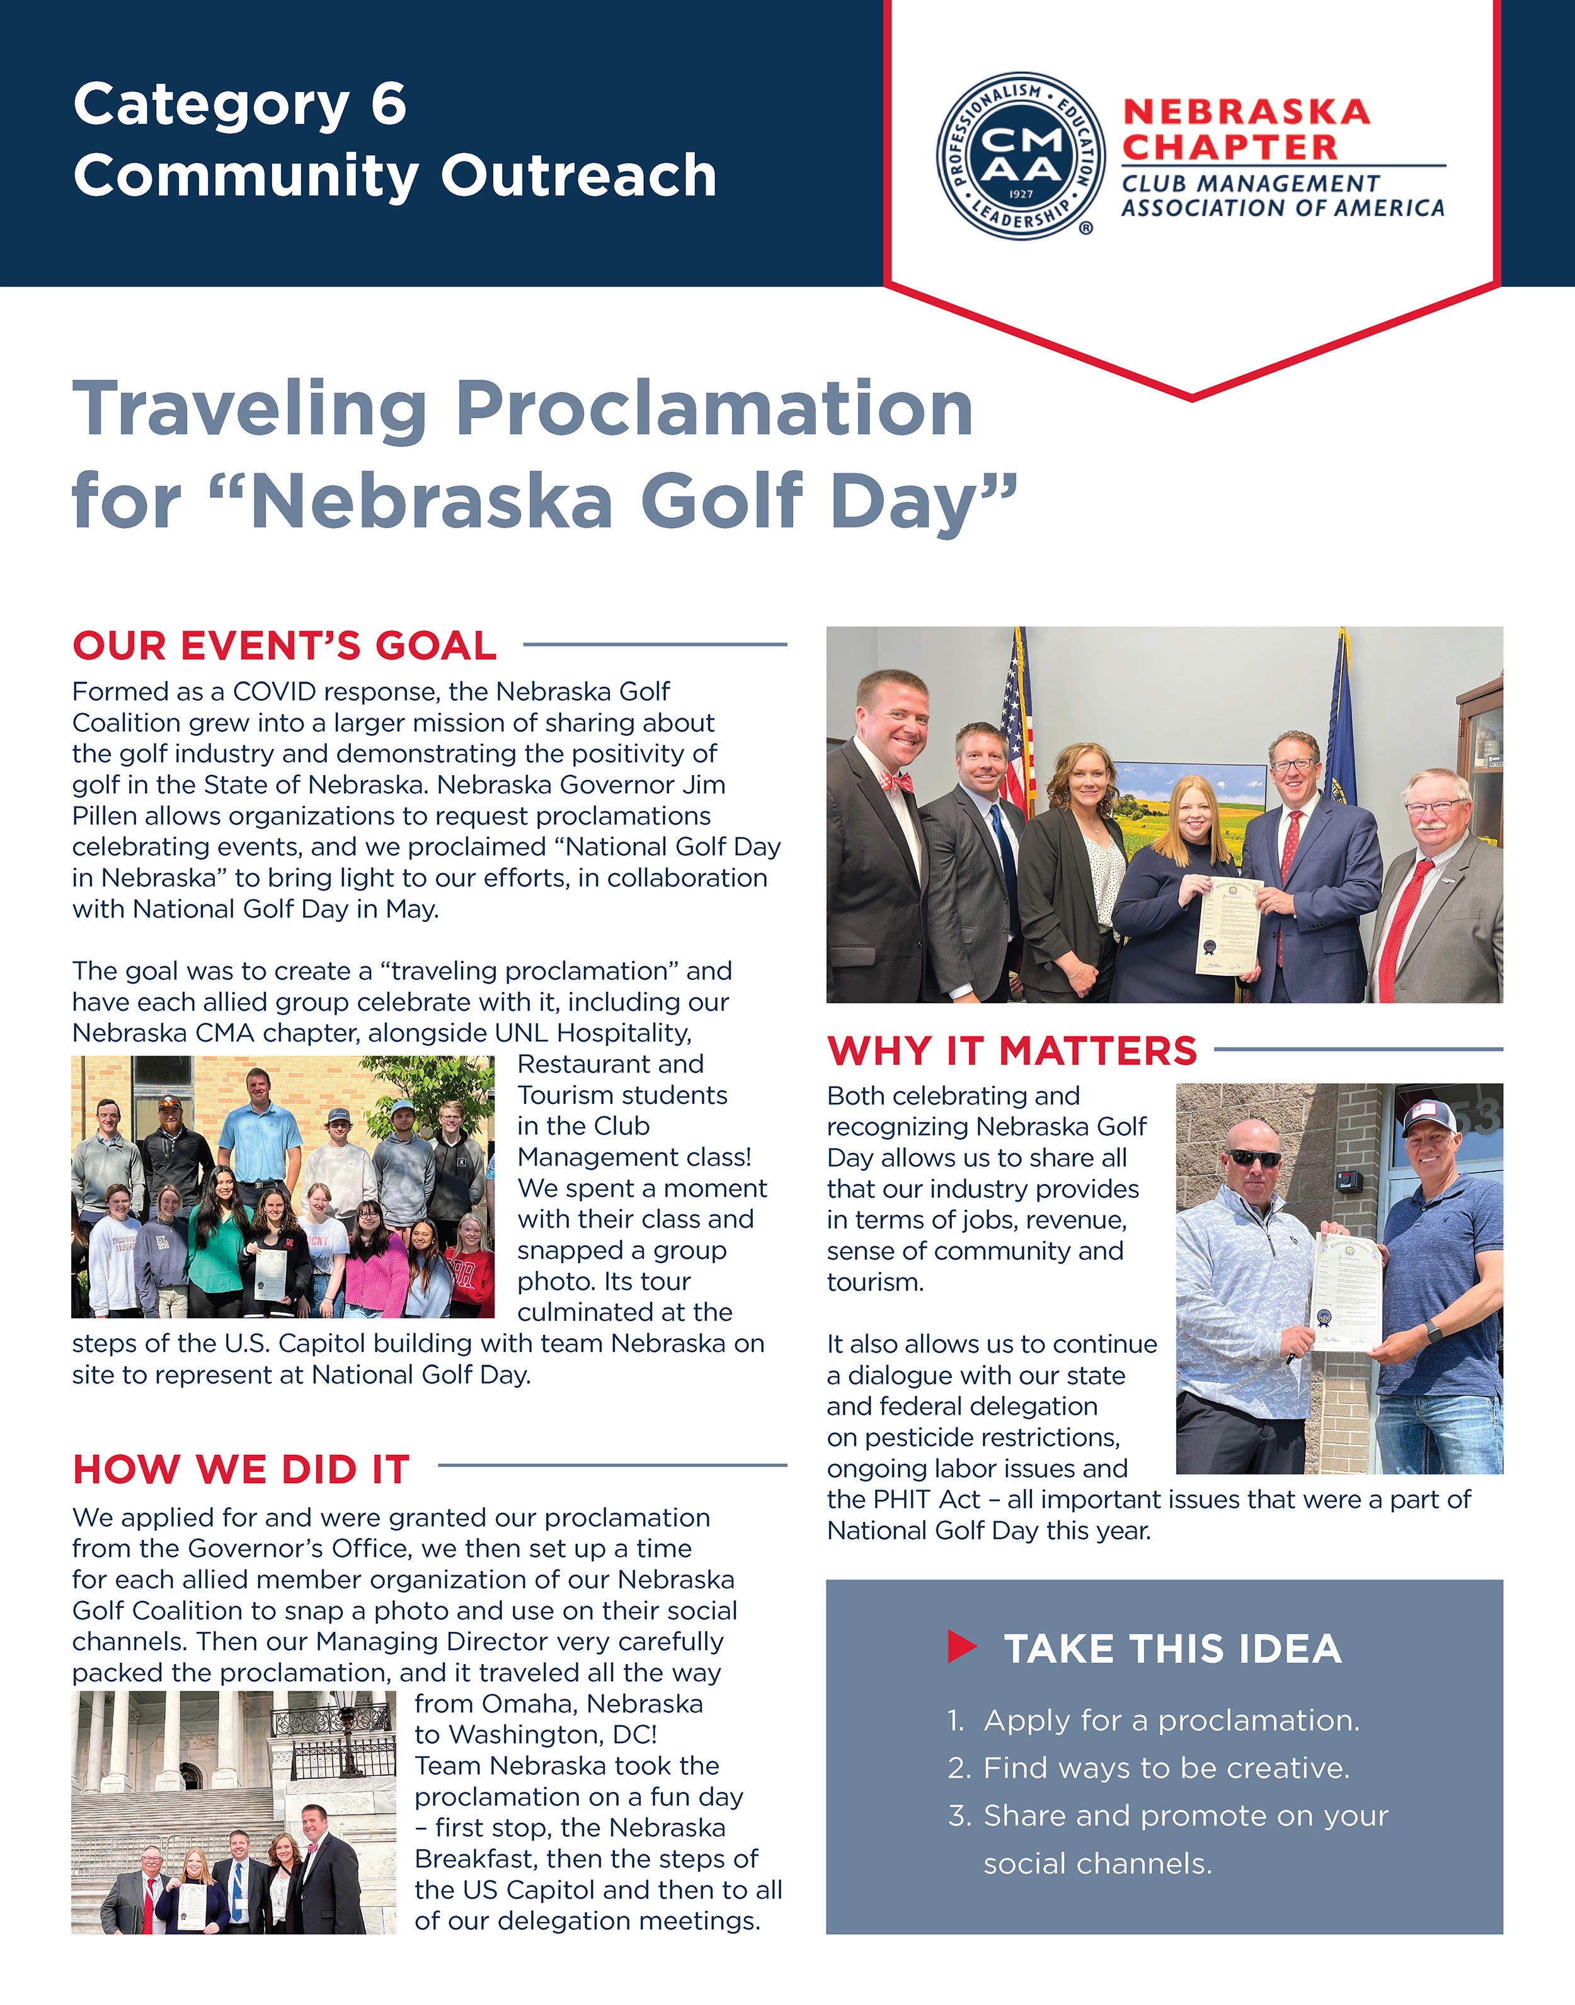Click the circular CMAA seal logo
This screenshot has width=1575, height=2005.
[1021, 156]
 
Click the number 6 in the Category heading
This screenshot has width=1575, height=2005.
[388, 103]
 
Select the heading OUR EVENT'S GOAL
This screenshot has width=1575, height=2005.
[284, 646]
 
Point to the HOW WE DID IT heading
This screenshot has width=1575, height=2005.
[241, 1470]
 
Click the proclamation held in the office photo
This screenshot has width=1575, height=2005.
[1228, 925]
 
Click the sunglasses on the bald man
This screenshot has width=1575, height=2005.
[1254, 1158]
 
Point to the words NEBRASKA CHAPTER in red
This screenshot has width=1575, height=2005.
[1245, 129]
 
